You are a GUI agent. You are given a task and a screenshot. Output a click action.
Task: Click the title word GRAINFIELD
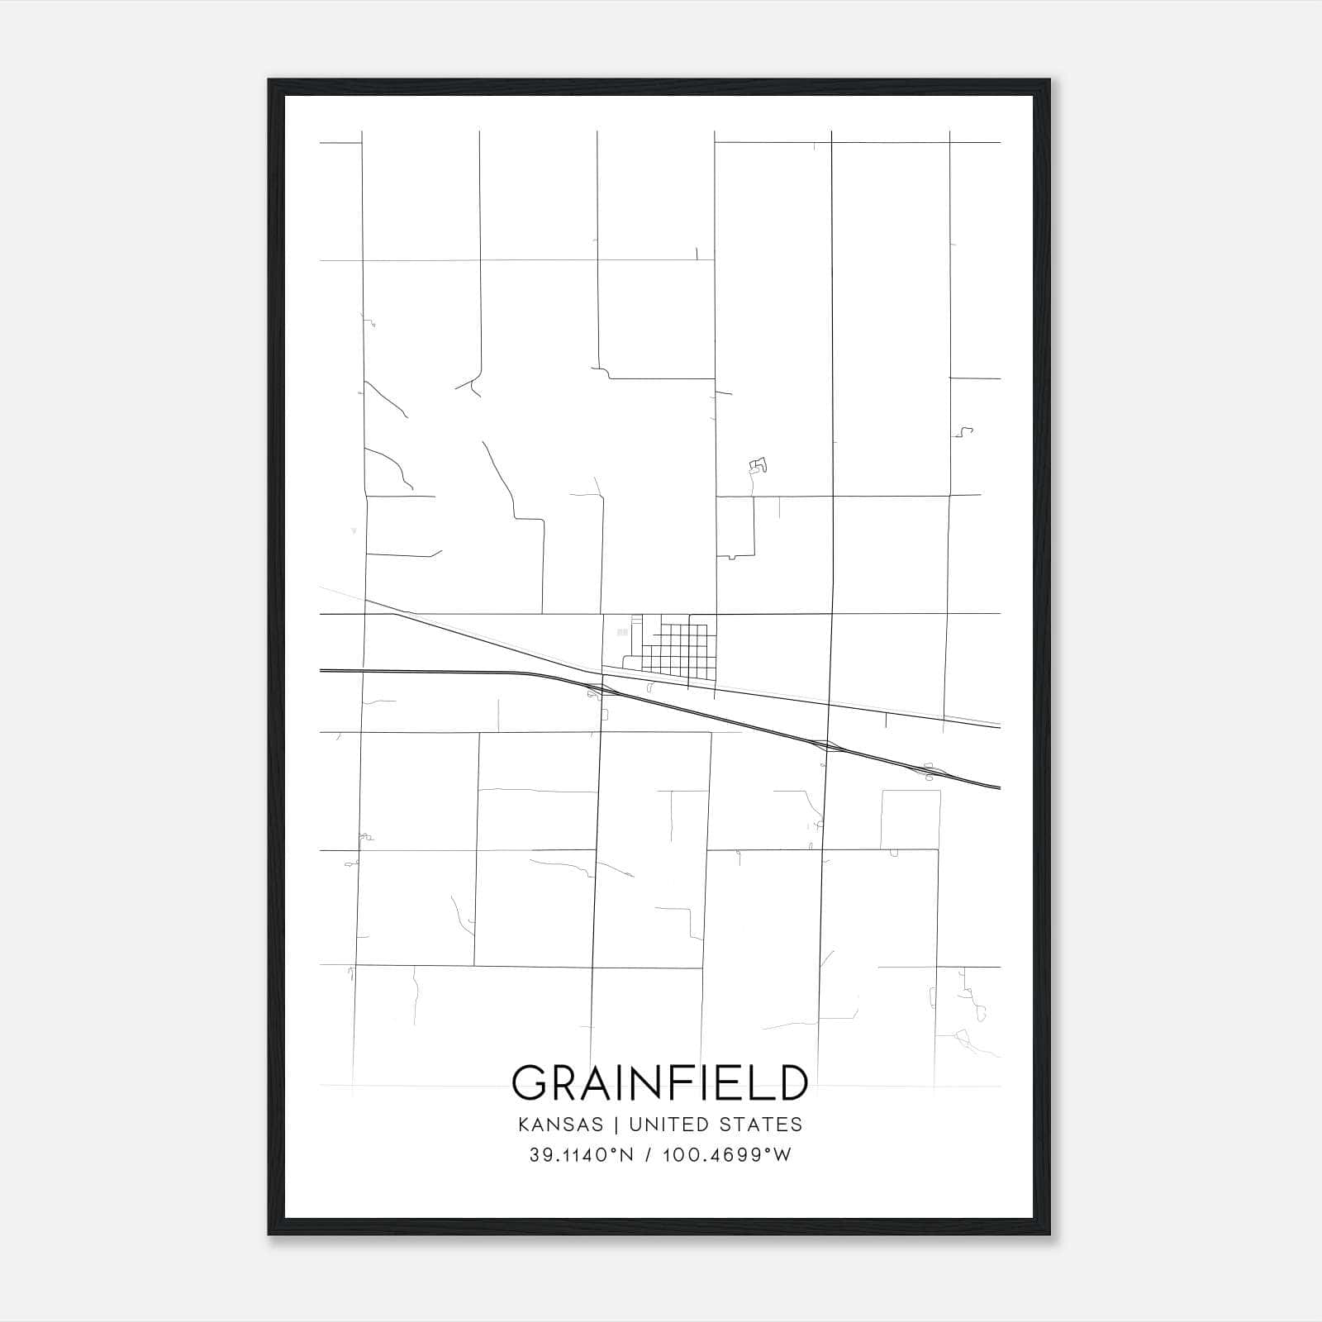click(x=659, y=1082)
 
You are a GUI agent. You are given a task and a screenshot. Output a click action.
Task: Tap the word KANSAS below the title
click(x=565, y=1125)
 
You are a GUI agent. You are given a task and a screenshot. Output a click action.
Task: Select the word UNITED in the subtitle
click(x=668, y=1125)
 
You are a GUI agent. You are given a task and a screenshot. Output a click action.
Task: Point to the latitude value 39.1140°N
click(x=581, y=1155)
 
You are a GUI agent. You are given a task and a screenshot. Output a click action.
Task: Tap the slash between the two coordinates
click(x=645, y=1155)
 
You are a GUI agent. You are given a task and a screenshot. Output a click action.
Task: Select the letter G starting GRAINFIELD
click(x=530, y=1082)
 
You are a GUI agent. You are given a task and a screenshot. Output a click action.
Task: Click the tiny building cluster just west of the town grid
click(x=622, y=632)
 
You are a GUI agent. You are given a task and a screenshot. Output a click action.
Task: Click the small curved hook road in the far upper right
click(x=964, y=431)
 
